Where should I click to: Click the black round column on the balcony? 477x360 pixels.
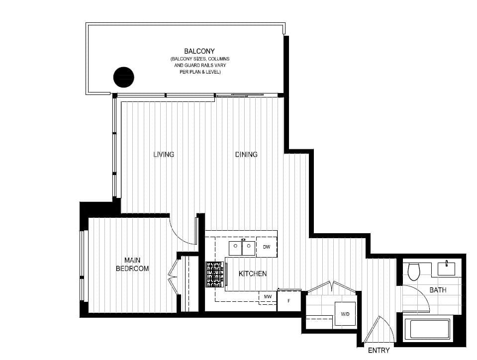pyautogui.click(x=124, y=77)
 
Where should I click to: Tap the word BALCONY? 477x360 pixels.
pyautogui.click(x=199, y=51)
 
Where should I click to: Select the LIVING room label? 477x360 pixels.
pyautogui.click(x=164, y=155)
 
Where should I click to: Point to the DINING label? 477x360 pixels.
pyautogui.click(x=246, y=155)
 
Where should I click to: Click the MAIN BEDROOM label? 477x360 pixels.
pyautogui.click(x=132, y=264)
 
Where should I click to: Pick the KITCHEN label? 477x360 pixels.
pyautogui.click(x=253, y=273)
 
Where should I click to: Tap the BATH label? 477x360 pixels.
pyautogui.click(x=438, y=290)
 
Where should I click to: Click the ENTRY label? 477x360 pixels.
pyautogui.click(x=379, y=350)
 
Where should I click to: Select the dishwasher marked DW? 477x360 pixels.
pyautogui.click(x=267, y=247)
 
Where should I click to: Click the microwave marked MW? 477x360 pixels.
pyautogui.click(x=268, y=296)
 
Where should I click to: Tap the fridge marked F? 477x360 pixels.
pyautogui.click(x=289, y=301)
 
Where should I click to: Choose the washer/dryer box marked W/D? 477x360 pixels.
pyautogui.click(x=345, y=314)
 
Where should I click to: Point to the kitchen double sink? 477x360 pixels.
pyautogui.click(x=242, y=247)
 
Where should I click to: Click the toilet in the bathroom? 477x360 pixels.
pyautogui.click(x=413, y=271)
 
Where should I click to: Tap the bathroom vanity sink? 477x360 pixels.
pyautogui.click(x=447, y=269)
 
